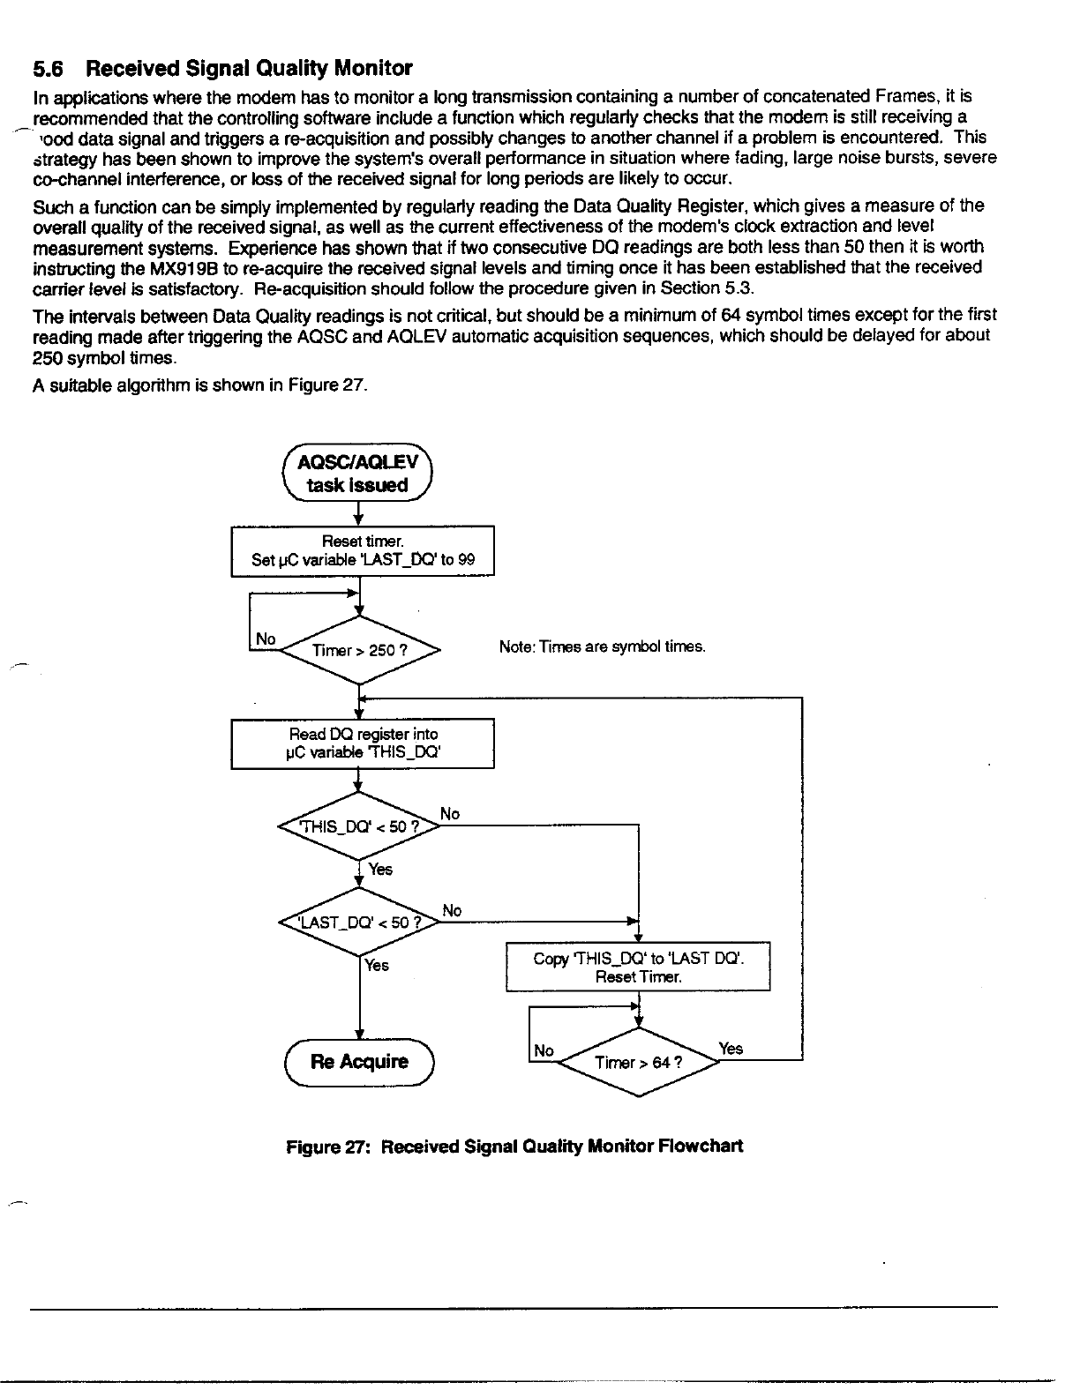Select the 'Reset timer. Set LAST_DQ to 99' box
(362, 550)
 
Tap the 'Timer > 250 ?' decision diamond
(359, 650)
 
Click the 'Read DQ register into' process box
(362, 743)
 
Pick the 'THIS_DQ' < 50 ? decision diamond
(359, 826)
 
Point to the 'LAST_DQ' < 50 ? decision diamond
(359, 923)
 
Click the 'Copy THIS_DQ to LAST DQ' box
(638, 967)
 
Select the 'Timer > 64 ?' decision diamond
(638, 1062)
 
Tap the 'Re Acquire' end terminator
(359, 1061)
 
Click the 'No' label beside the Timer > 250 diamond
(266, 639)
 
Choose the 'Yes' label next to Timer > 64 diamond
(731, 1049)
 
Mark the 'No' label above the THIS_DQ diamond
(450, 814)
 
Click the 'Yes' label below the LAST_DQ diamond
(377, 966)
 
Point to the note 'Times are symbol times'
(602, 647)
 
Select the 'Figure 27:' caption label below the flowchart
(330, 1146)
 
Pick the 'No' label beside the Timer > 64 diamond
(544, 1050)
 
